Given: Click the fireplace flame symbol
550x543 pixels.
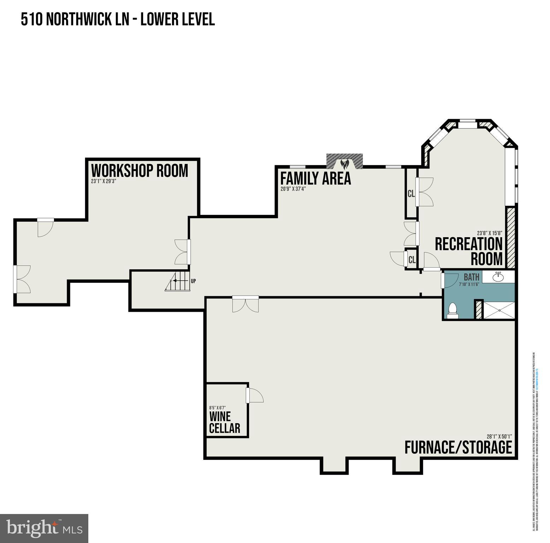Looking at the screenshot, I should point(344,164).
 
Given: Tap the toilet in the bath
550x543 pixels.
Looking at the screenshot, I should point(452,310).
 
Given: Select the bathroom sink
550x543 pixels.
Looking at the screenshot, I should point(498,277).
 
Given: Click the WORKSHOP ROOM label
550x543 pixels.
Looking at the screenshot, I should point(140,171).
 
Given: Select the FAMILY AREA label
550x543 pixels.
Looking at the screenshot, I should point(315,178).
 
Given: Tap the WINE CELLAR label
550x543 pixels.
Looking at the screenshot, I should point(224,422).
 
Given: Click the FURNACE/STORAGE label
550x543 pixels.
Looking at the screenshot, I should point(458,447).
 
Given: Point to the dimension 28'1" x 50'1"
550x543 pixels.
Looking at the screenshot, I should point(499,436).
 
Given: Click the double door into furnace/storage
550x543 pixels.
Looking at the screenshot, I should point(246,304).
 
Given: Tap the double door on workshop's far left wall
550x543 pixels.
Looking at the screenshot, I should point(22,279).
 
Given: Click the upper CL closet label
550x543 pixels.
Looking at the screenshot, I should point(411,194).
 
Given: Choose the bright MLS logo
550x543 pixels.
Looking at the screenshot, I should point(44,528).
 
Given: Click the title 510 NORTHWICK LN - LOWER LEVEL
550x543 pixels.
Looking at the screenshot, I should point(118,19).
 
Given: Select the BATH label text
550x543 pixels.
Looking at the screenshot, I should point(471,277).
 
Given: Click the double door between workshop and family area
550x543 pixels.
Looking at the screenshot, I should point(182,252).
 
